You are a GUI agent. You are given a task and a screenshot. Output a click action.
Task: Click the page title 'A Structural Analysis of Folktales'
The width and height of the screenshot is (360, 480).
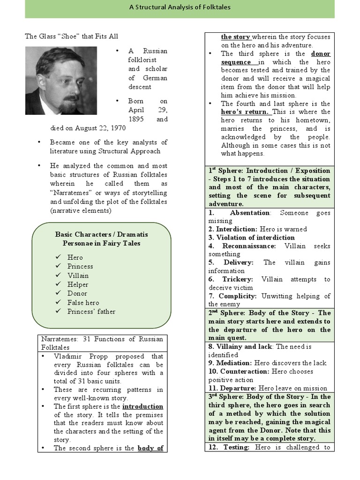[180, 7]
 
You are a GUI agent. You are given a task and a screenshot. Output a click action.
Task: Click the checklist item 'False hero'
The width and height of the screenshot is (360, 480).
[83, 302]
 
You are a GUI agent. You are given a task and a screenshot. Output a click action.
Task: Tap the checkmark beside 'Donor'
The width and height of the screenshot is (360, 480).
[58, 293]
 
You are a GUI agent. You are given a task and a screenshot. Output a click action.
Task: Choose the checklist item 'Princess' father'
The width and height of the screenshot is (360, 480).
[91, 311]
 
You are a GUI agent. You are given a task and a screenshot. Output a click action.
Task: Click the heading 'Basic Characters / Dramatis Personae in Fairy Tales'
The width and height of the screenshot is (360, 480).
[101, 239]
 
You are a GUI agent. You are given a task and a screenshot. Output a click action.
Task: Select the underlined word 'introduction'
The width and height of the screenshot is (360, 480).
[143, 406]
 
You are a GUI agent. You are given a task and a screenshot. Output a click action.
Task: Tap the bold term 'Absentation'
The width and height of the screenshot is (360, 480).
[250, 213]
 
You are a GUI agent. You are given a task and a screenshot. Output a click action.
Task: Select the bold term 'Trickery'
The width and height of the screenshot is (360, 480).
[238, 279]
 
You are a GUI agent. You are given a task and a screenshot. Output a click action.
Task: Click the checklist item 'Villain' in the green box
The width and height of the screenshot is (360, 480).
[78, 275]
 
